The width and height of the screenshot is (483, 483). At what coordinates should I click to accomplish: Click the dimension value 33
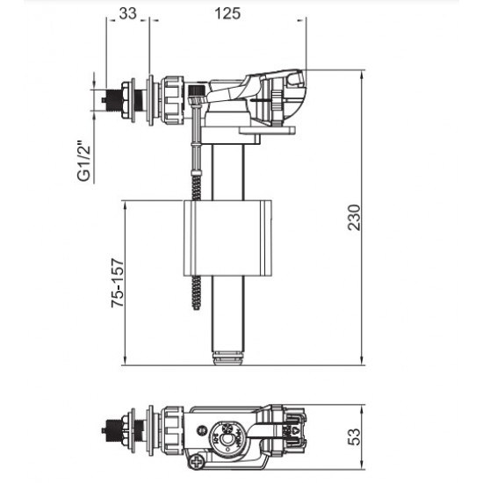(x=127, y=13)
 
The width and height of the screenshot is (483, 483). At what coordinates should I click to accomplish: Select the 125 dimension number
(x=232, y=13)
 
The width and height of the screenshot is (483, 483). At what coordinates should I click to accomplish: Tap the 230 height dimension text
(x=352, y=218)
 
